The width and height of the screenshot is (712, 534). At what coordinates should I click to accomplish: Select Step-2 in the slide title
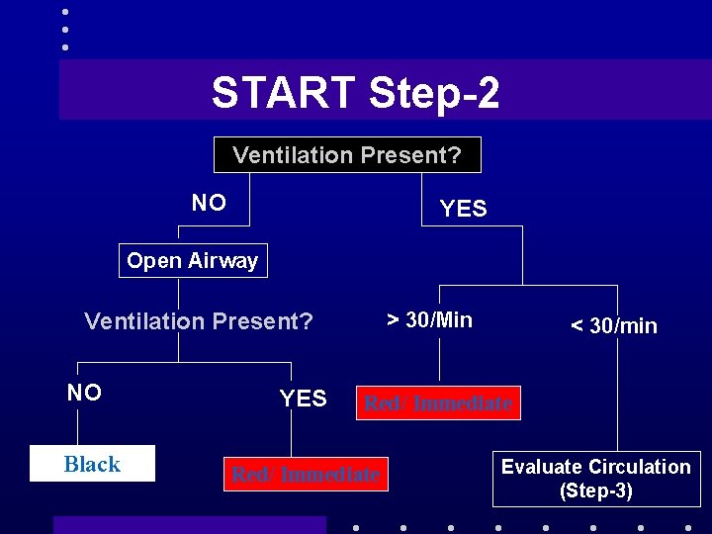(434, 93)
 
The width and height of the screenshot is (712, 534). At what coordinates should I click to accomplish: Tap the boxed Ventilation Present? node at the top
(347, 155)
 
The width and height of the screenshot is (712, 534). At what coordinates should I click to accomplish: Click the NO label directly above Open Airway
(209, 203)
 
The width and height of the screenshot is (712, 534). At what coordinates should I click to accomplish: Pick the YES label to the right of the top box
(463, 208)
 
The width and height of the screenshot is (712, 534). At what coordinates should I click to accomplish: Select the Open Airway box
(193, 261)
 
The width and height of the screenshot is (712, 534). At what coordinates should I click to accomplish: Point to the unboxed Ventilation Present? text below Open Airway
(199, 321)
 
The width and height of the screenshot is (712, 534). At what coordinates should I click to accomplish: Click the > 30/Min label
(429, 319)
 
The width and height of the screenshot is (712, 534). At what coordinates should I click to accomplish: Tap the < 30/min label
(613, 326)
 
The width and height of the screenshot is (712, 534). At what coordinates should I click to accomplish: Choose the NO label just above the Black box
(84, 393)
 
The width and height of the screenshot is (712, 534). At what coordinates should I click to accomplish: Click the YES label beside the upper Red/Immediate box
(303, 399)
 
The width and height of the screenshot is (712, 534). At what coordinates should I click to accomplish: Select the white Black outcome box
(92, 464)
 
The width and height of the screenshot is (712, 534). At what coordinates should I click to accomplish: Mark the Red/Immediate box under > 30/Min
(438, 403)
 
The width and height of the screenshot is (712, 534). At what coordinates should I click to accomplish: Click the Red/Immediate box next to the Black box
(306, 475)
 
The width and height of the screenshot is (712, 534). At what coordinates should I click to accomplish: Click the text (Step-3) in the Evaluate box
(595, 490)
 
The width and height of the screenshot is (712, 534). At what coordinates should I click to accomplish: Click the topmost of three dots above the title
(65, 12)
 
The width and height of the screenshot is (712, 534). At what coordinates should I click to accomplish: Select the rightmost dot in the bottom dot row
(688, 527)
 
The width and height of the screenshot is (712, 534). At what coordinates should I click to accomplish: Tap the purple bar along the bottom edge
(189, 525)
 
